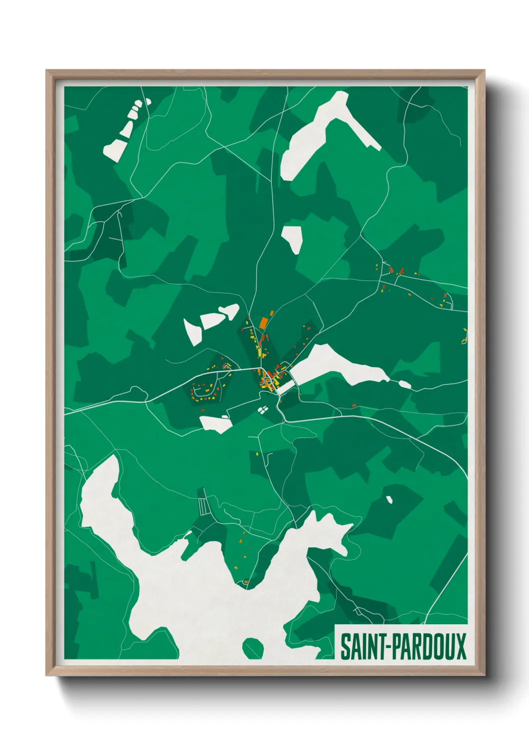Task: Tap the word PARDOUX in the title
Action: (428, 646)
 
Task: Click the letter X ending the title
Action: (460, 646)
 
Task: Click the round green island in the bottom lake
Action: (252, 648)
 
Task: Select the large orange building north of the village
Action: (263, 323)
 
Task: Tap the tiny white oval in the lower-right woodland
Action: (389, 499)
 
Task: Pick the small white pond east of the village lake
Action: (404, 385)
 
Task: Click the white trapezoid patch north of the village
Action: (292, 237)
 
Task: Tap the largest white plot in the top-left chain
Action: (115, 149)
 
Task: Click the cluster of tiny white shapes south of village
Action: (262, 410)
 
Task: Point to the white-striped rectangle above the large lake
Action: (202, 506)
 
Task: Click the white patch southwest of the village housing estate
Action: (216, 424)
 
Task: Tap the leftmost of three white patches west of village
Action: (192, 331)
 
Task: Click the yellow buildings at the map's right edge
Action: (464, 337)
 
